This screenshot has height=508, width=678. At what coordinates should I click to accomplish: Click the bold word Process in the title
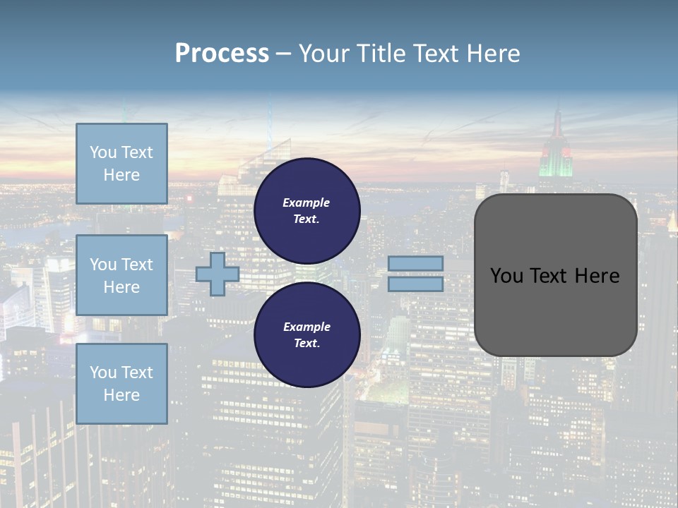(222, 54)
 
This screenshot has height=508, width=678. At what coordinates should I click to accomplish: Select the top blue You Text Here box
(121, 164)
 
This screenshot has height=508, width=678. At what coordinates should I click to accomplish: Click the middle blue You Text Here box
(121, 275)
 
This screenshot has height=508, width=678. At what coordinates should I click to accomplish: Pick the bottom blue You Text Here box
(121, 384)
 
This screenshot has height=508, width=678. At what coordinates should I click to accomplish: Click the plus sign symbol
(218, 274)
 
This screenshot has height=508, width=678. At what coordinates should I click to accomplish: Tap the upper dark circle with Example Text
(307, 210)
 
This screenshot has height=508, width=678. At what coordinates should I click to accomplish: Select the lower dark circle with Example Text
(307, 334)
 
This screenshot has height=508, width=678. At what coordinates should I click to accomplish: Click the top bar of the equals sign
(415, 263)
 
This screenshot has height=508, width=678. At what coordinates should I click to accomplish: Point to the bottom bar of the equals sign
(415, 284)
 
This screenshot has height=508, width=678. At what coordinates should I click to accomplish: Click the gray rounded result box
(555, 310)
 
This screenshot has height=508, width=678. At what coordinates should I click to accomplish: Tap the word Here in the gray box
(597, 276)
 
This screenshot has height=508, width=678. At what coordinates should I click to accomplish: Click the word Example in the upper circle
(307, 202)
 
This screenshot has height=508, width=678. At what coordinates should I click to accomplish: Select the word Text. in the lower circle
(307, 344)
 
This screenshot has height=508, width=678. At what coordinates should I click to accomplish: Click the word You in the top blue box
(103, 152)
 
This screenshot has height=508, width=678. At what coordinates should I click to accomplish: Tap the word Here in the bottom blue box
(121, 395)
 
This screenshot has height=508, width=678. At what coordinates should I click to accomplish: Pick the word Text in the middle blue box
(137, 265)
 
